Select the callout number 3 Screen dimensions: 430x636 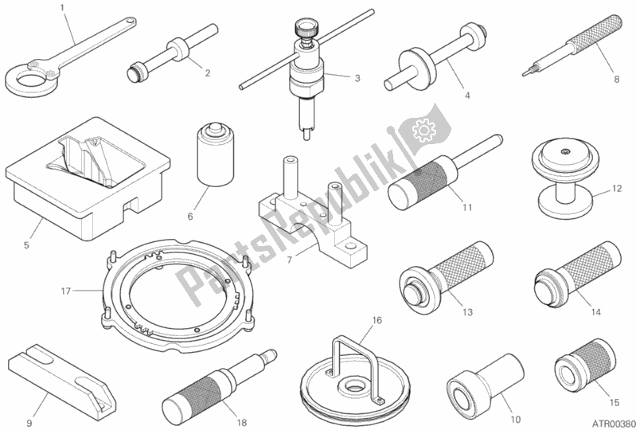pos(357,78)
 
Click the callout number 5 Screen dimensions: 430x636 pos(26,245)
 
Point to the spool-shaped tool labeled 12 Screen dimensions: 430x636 pos(564,177)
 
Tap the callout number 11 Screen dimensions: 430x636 pos(467,208)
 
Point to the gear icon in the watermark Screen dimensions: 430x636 pos(421,128)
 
